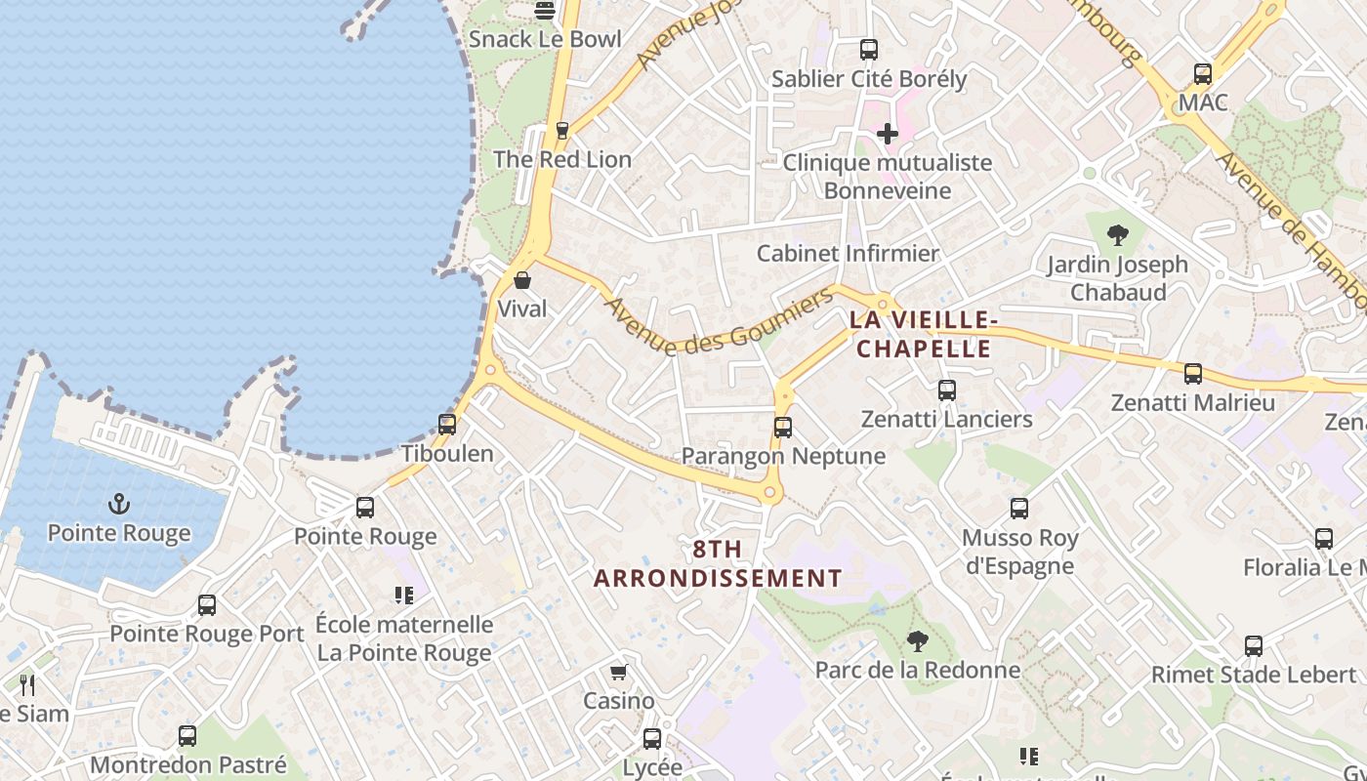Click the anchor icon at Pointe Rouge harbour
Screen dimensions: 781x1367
119,504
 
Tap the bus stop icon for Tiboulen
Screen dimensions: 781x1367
447,425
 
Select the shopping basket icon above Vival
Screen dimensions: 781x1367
522,280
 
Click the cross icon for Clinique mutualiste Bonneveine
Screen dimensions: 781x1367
888,133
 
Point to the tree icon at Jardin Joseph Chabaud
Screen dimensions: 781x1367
1118,235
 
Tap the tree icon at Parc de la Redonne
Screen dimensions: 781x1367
917,640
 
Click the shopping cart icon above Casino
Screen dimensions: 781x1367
618,673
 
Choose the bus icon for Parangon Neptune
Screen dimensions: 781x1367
783,427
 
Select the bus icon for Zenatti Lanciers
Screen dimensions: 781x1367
946,390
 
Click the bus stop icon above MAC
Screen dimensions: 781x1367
1203,73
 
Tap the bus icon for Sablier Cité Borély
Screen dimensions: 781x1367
868,49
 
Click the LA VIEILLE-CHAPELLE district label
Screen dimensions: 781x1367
922,334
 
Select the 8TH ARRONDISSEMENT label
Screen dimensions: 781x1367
718,563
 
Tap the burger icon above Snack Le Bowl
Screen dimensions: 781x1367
545,11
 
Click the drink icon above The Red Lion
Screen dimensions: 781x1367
561,130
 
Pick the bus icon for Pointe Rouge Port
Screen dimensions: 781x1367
207,604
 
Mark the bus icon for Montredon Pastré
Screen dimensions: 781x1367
187,735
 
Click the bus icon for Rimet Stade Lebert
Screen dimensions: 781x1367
1254,645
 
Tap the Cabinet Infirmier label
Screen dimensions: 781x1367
848,254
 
